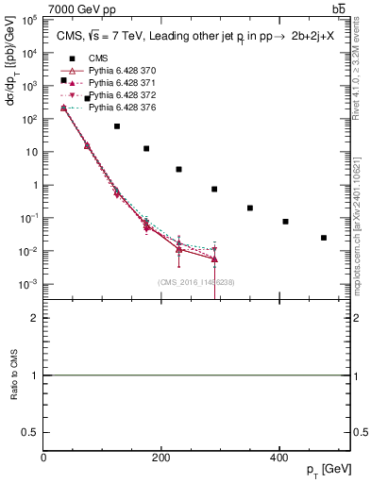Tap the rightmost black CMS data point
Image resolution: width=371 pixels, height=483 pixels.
tap(324, 238)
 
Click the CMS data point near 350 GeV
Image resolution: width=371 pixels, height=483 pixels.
tap(250, 208)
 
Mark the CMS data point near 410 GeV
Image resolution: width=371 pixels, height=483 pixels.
tap(285, 222)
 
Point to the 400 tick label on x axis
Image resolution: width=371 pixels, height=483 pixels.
tap(278, 458)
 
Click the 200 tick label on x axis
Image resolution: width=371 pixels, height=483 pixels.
tap(161, 458)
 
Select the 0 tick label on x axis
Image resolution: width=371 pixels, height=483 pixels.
tap(44, 458)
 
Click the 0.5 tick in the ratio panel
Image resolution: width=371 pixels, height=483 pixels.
tap(34, 432)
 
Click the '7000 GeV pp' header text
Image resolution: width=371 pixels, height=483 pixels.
tap(76, 8)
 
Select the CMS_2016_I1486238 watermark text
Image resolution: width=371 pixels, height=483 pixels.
tap(196, 282)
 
